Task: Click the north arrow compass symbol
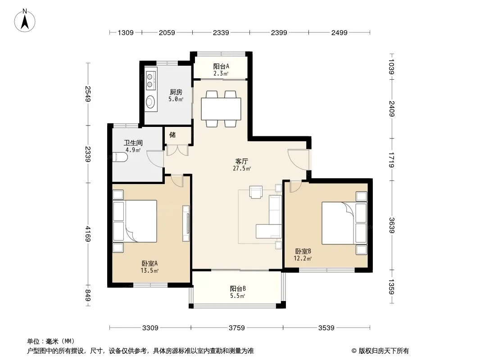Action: click(x=25, y=21)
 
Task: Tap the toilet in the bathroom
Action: click(x=120, y=157)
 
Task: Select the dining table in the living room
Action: click(x=221, y=109)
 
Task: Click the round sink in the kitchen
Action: click(x=150, y=102)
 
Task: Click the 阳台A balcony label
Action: click(x=221, y=66)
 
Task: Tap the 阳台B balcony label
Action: click(x=238, y=288)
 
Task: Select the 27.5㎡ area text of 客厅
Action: click(x=242, y=168)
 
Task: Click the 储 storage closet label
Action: click(x=172, y=135)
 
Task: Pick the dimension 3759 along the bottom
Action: click(x=237, y=328)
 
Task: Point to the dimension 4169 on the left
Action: click(x=88, y=234)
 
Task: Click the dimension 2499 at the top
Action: click(x=339, y=32)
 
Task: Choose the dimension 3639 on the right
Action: click(x=392, y=225)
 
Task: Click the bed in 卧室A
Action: click(x=135, y=221)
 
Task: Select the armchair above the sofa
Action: click(x=256, y=192)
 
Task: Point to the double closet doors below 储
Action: click(x=177, y=150)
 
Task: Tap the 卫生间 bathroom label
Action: click(x=133, y=143)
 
